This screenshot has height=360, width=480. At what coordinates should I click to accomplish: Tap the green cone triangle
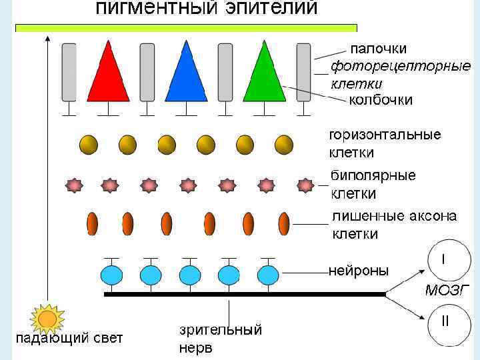[x=265, y=75]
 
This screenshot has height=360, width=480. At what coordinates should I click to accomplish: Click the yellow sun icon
[x=47, y=319]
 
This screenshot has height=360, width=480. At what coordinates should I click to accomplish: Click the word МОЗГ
[x=448, y=290]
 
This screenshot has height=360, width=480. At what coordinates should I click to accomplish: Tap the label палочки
[x=378, y=49]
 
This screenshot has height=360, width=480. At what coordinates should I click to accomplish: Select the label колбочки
[x=381, y=100]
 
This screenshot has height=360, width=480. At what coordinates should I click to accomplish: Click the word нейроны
[x=359, y=271]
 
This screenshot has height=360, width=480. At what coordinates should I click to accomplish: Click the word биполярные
[x=373, y=176]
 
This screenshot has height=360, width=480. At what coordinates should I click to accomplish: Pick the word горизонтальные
[x=385, y=135]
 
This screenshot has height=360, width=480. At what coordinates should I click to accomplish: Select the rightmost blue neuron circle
[x=267, y=275]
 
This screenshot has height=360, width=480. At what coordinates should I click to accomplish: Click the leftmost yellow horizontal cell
[x=89, y=144]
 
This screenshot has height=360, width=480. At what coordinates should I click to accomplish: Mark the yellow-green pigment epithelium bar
[x=186, y=28]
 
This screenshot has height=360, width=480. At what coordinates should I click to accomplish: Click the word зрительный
[x=220, y=330]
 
